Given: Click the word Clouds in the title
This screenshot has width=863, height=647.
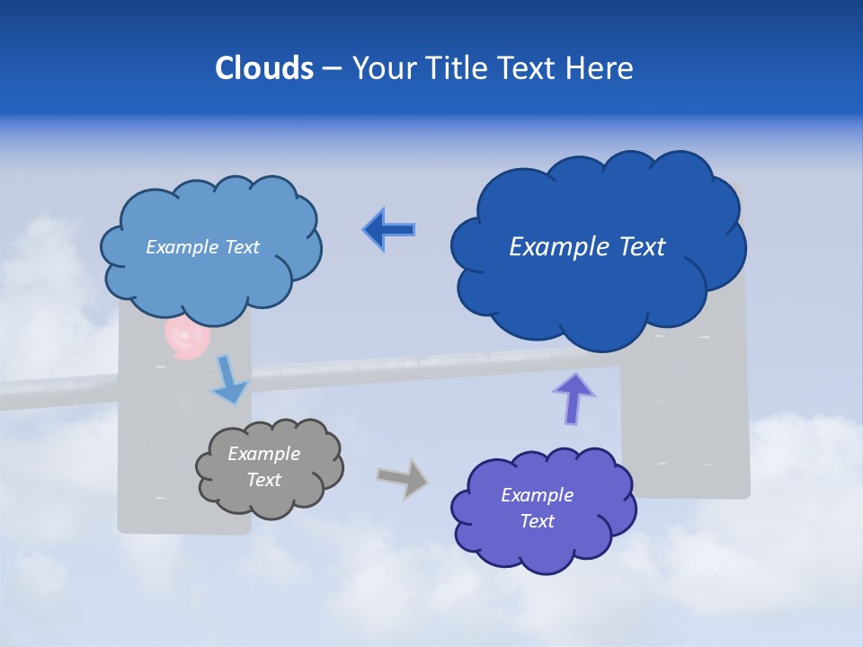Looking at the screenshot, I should click(264, 68).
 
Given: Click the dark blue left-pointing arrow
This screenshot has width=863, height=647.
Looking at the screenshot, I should click(389, 230).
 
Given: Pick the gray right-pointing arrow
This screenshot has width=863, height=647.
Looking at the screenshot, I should click(403, 478).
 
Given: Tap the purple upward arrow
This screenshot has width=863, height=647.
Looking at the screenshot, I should click(574, 398).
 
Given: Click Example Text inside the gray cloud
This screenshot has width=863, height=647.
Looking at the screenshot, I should click(264, 467).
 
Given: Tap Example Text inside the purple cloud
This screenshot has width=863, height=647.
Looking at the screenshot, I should click(537, 508).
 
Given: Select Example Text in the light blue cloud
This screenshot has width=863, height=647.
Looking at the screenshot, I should click(202, 247).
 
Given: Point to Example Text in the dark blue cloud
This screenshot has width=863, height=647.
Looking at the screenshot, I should click(587, 247).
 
